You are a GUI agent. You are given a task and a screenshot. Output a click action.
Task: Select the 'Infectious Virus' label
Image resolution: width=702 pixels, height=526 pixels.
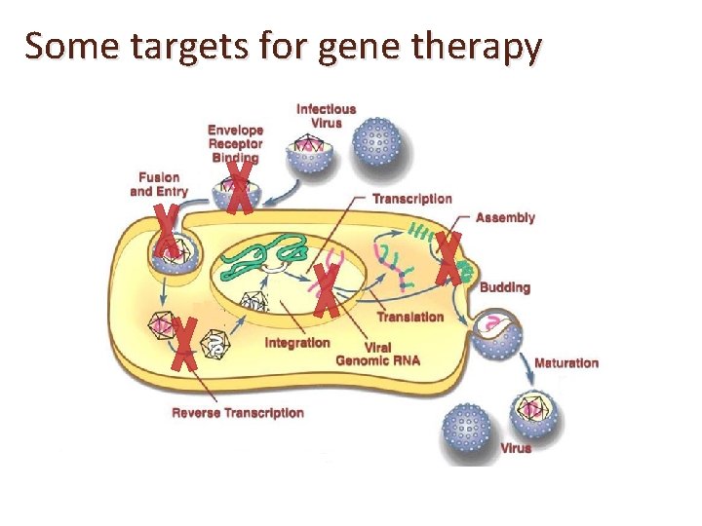(326, 116)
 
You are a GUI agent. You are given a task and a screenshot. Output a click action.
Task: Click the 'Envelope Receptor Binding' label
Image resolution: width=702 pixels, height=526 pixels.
(234, 143)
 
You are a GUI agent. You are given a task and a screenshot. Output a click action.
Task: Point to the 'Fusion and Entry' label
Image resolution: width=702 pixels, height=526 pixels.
(159, 184)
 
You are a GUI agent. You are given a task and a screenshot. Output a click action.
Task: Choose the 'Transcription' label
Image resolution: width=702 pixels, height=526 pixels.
(412, 199)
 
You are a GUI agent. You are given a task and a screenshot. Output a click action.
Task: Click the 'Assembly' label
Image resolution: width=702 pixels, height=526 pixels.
(505, 217)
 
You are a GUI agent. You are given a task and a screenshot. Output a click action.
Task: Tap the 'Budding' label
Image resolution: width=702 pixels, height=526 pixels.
(505, 287)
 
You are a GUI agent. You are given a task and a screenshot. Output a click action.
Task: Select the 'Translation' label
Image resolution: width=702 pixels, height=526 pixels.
(409, 317)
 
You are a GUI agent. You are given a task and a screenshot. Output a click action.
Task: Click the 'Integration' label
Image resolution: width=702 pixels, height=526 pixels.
(297, 343)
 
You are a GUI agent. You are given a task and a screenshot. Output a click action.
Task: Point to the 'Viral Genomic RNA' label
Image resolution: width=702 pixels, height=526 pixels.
(377, 354)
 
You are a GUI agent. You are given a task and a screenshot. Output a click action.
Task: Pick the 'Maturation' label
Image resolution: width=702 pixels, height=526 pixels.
(565, 363)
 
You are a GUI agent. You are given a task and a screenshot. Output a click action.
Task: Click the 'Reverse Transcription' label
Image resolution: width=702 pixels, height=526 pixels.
(238, 413)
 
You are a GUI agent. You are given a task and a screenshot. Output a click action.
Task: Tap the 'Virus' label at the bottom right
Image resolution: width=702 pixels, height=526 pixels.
(516, 448)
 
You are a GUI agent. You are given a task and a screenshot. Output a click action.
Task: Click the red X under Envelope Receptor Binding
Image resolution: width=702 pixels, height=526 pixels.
(240, 188)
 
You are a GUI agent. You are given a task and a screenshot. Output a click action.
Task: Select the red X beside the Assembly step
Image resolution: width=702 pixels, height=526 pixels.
(448, 257)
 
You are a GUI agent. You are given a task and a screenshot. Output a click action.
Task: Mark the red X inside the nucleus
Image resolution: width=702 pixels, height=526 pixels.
(328, 290)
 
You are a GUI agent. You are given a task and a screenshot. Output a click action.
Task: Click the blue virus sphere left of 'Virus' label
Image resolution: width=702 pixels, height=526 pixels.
(467, 430)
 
